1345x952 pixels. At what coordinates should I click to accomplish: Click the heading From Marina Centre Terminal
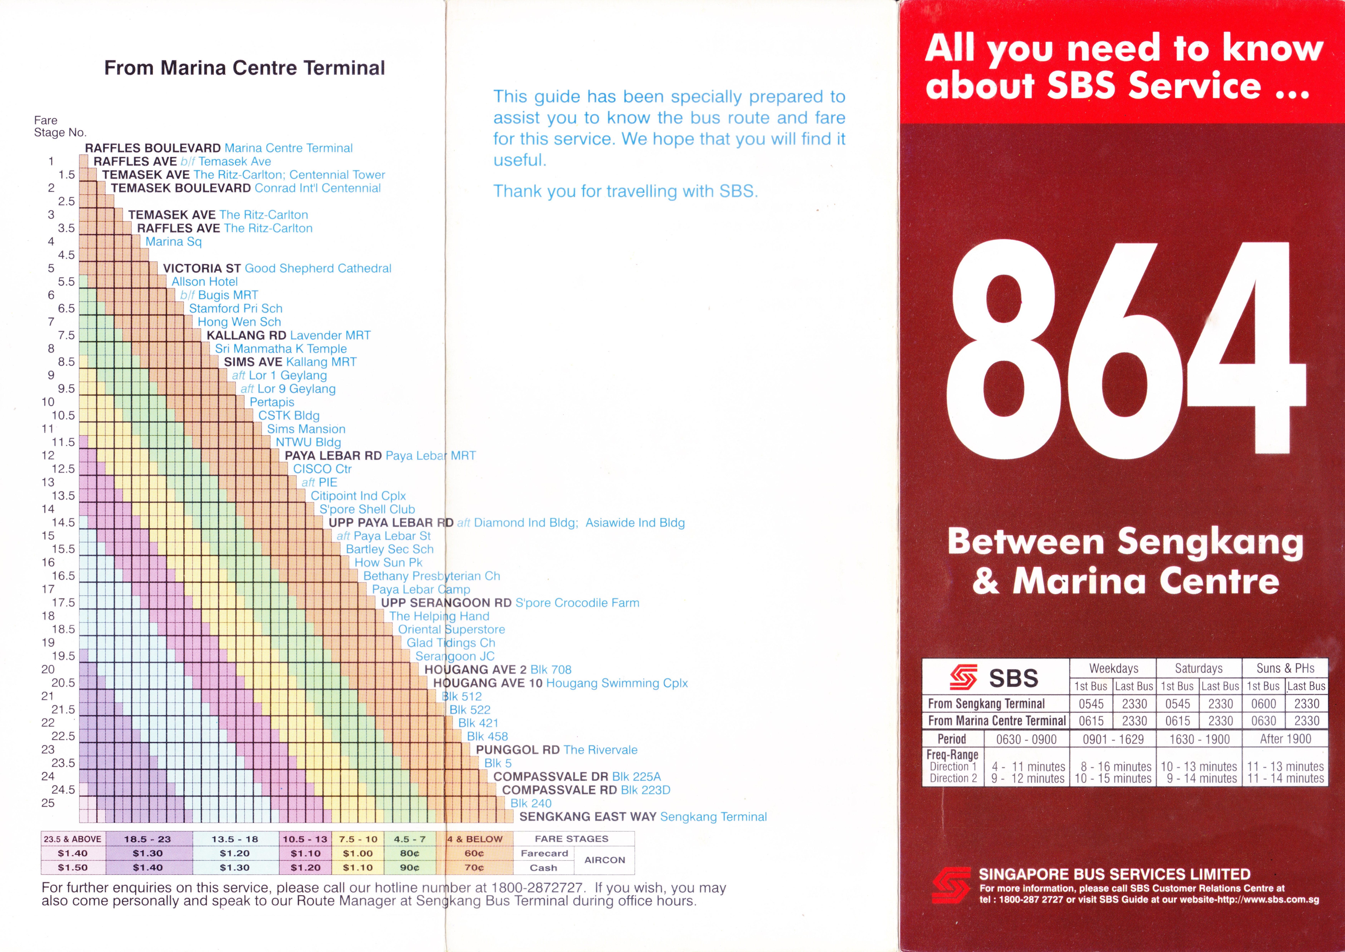pyautogui.click(x=244, y=68)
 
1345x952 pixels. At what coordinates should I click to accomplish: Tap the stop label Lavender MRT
pyautogui.click(x=331, y=335)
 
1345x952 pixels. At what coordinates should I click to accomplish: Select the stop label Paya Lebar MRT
pyautogui.click(x=431, y=456)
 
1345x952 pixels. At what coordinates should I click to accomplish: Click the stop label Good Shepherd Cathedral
pyautogui.click(x=318, y=269)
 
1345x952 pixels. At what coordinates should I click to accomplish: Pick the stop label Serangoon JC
pyautogui.click(x=455, y=656)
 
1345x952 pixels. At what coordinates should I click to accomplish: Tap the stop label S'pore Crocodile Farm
pyautogui.click(x=577, y=603)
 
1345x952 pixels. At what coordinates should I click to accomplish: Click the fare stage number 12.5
pyautogui.click(x=63, y=469)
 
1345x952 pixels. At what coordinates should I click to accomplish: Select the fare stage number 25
pyautogui.click(x=48, y=803)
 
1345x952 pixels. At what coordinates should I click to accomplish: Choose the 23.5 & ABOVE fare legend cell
pyautogui.click(x=73, y=839)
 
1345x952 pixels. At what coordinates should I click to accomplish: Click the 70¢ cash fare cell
pyautogui.click(x=474, y=868)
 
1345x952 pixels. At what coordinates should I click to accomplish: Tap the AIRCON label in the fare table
pyautogui.click(x=605, y=860)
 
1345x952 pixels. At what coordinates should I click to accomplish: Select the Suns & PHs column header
pyautogui.click(x=1285, y=668)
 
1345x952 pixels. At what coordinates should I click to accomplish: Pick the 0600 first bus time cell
pyautogui.click(x=1264, y=703)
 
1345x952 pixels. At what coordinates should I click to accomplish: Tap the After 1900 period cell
pyautogui.click(x=1285, y=739)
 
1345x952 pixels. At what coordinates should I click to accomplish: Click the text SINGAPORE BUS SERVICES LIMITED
pyautogui.click(x=1114, y=874)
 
